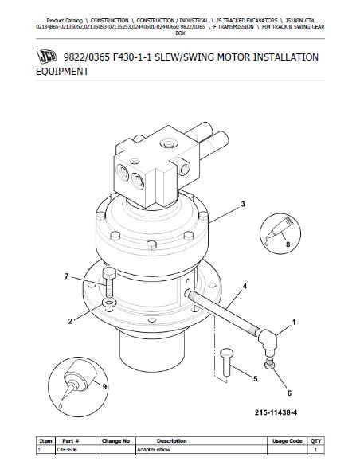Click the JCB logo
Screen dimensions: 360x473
[x=47, y=56]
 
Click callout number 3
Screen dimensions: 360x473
[x=243, y=204]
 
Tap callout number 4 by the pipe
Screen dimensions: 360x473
[x=245, y=286]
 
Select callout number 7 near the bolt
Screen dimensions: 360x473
[x=66, y=276]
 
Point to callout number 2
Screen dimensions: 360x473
[x=70, y=321]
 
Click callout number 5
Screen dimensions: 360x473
[x=256, y=378]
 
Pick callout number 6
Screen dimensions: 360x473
[x=289, y=393]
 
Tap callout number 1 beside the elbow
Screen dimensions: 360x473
[x=294, y=322]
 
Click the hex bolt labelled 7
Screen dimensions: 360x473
[x=109, y=282]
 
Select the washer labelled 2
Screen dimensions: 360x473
[x=110, y=303]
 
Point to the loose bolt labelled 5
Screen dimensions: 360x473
[x=227, y=362]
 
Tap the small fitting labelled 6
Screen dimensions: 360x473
[x=269, y=363]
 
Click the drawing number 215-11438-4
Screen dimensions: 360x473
[x=276, y=412]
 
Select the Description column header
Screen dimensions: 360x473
[x=171, y=440]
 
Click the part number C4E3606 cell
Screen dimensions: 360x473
[x=67, y=449]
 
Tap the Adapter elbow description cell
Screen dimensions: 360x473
[x=153, y=449]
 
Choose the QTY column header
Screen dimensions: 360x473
[x=315, y=440]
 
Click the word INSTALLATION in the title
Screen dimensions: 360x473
[x=285, y=57]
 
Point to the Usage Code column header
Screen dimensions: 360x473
[x=287, y=440]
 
